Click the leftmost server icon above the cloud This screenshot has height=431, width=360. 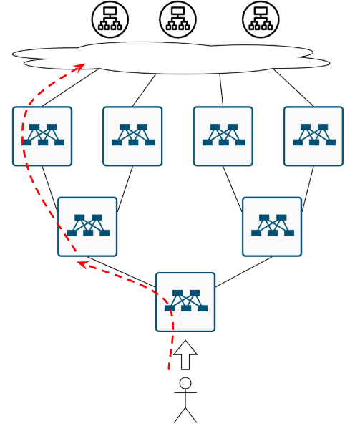pyautogui.click(x=110, y=19)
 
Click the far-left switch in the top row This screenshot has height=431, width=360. pyautogui.click(x=42, y=136)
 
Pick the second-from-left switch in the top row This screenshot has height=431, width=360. pyautogui.click(x=132, y=136)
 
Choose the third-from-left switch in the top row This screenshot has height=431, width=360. pyautogui.click(x=223, y=136)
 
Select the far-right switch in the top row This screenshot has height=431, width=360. pyautogui.click(x=313, y=136)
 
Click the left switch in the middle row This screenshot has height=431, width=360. pyautogui.click(x=87, y=226)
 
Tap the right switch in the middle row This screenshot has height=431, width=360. pyautogui.click(x=272, y=226)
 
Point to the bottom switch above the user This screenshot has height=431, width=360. pyautogui.click(x=185, y=302)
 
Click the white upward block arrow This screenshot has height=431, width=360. pyautogui.click(x=185, y=354)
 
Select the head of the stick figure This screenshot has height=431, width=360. pyautogui.click(x=185, y=383)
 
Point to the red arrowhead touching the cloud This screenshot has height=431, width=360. pyautogui.click(x=81, y=67)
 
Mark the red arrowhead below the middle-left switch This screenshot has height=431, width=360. pyautogui.click(x=82, y=264)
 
